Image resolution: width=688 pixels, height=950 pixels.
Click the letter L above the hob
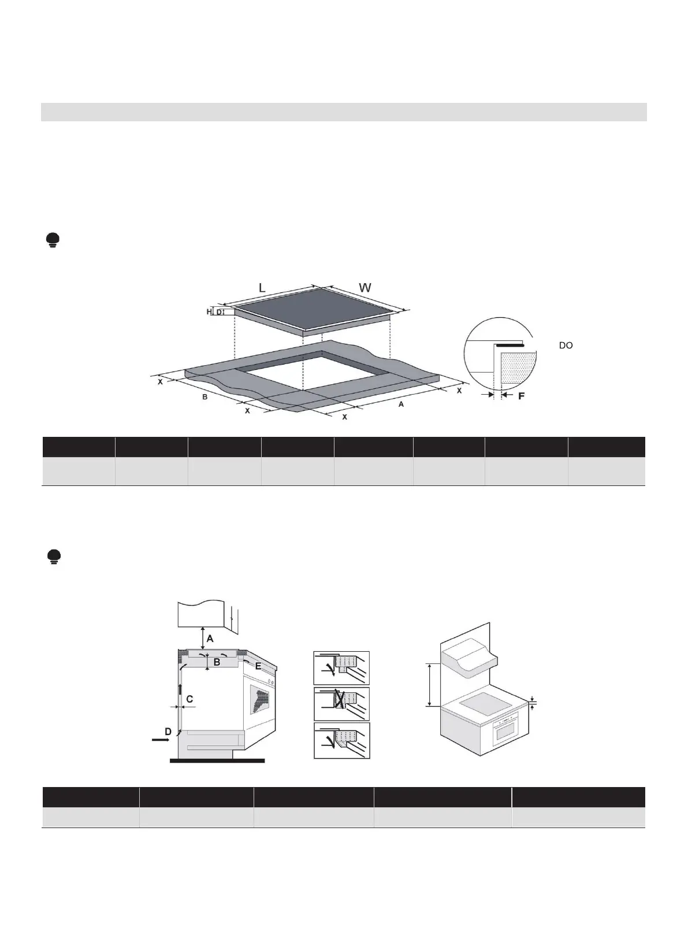[x=262, y=287]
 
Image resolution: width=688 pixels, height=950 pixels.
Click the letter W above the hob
[x=365, y=287]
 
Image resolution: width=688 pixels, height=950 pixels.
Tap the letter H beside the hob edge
[x=209, y=312]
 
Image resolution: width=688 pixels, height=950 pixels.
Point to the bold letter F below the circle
[x=520, y=396]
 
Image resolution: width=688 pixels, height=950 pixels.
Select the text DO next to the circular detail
[x=566, y=346]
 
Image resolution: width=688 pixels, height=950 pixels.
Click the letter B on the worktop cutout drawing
[x=204, y=398]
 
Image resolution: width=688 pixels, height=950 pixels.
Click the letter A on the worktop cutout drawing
[x=401, y=405]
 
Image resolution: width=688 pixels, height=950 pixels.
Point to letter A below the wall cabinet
[x=210, y=639]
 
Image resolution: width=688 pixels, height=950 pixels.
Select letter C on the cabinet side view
[x=189, y=699]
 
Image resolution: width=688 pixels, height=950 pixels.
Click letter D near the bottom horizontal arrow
[x=168, y=732]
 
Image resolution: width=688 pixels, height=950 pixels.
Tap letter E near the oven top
[x=258, y=666]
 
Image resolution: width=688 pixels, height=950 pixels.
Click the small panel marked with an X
[x=341, y=704]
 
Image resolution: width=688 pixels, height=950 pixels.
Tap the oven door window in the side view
[x=261, y=699]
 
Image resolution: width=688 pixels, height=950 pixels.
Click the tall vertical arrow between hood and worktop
[x=429, y=685]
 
